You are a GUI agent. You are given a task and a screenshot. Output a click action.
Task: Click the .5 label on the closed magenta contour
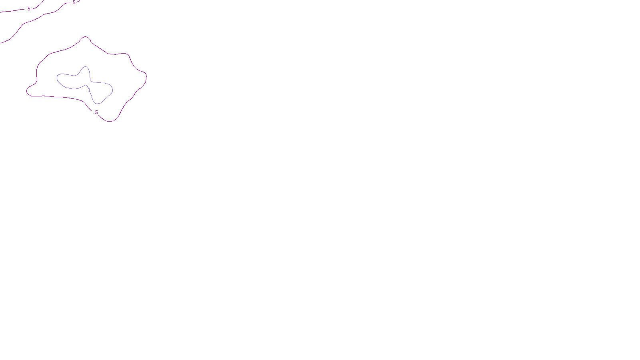point(96,112)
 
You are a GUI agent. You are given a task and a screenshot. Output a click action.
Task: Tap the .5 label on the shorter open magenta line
point(28,9)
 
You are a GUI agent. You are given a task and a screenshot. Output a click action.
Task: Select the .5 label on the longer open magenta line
point(73,2)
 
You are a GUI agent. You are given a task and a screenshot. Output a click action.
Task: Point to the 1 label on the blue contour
point(89,91)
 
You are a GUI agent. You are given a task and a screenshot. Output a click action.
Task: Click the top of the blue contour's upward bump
point(85,67)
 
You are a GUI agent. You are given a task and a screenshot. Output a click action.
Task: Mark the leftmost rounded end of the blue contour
point(57,77)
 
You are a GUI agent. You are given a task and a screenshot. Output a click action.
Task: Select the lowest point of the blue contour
point(98,104)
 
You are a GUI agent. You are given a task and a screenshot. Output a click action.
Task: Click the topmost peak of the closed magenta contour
point(86,37)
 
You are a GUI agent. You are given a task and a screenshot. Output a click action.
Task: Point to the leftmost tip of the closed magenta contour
point(27,91)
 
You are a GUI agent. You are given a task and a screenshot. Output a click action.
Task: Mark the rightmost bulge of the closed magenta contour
point(146,77)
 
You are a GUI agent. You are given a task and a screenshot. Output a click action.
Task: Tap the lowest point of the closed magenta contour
point(110,121)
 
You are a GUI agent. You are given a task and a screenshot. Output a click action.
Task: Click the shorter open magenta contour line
point(16,11)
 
